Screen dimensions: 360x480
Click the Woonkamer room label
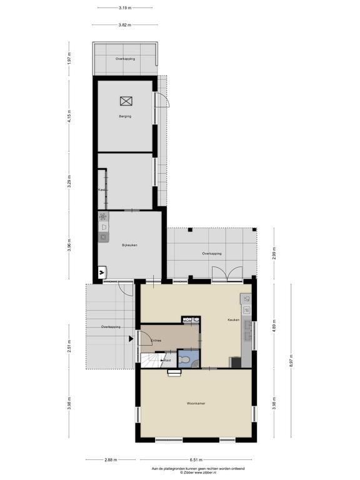click(196, 404)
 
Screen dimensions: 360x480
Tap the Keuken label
click(233, 319)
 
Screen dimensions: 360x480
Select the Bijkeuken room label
click(129, 245)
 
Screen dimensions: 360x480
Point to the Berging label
click(125, 116)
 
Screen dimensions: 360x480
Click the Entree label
click(156, 341)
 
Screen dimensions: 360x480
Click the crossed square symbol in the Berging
click(126, 101)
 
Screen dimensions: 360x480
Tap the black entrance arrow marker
click(131, 339)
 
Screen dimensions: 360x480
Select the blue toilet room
click(189, 359)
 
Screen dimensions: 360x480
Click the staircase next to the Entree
click(152, 360)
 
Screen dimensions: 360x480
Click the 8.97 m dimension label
click(291, 361)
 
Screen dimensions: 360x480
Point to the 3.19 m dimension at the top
click(125, 8)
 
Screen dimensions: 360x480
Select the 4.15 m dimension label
click(69, 116)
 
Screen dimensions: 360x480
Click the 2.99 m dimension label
click(274, 253)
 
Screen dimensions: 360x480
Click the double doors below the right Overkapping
click(227, 273)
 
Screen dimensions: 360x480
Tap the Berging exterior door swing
click(162, 100)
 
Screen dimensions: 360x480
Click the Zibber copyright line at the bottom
click(198, 472)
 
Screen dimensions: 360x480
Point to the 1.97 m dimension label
click(69, 58)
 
